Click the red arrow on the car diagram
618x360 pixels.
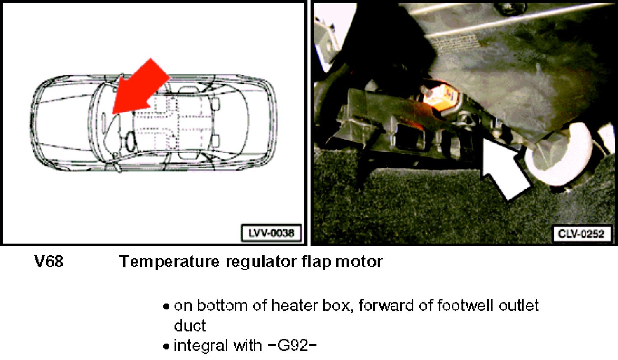[x=141, y=88]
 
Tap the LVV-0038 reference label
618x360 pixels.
[x=272, y=233]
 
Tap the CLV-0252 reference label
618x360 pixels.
[x=581, y=234]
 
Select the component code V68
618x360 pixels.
[x=49, y=261]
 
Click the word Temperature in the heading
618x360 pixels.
[x=169, y=262]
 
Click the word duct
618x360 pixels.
[x=190, y=325]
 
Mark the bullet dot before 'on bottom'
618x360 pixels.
[x=166, y=306]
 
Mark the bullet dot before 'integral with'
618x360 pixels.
[x=166, y=346]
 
